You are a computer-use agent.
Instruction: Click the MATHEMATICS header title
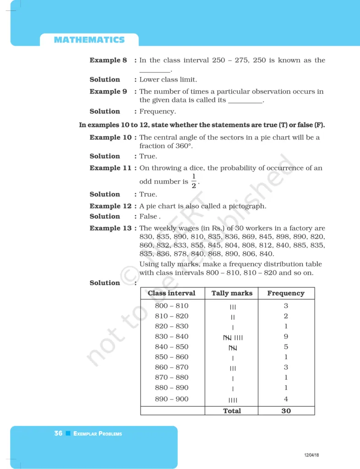[x=89, y=40]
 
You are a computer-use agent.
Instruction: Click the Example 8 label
[x=108, y=60]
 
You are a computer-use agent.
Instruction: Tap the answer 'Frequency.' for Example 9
[x=158, y=111]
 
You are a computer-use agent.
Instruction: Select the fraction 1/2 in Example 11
[x=194, y=181]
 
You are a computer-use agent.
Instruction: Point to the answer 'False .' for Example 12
[x=150, y=216]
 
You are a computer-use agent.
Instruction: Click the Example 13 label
[x=110, y=228]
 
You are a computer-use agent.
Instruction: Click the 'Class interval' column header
[x=171, y=293]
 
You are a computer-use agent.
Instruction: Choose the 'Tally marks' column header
[x=232, y=293]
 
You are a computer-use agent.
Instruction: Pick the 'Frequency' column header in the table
[x=286, y=293]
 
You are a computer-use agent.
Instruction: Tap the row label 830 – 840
[x=171, y=337]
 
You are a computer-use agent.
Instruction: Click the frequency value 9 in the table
[x=286, y=337]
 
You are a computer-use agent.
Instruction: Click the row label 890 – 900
[x=171, y=399]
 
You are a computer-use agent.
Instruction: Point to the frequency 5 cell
[x=286, y=347]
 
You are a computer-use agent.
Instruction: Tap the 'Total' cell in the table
[x=232, y=411]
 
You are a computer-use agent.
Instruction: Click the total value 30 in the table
[x=286, y=411]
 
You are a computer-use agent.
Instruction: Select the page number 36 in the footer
[x=58, y=433]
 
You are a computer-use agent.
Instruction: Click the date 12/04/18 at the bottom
[x=311, y=455]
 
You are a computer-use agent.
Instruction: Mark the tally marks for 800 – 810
[x=233, y=307]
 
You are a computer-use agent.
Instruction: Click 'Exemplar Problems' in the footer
[x=98, y=434]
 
